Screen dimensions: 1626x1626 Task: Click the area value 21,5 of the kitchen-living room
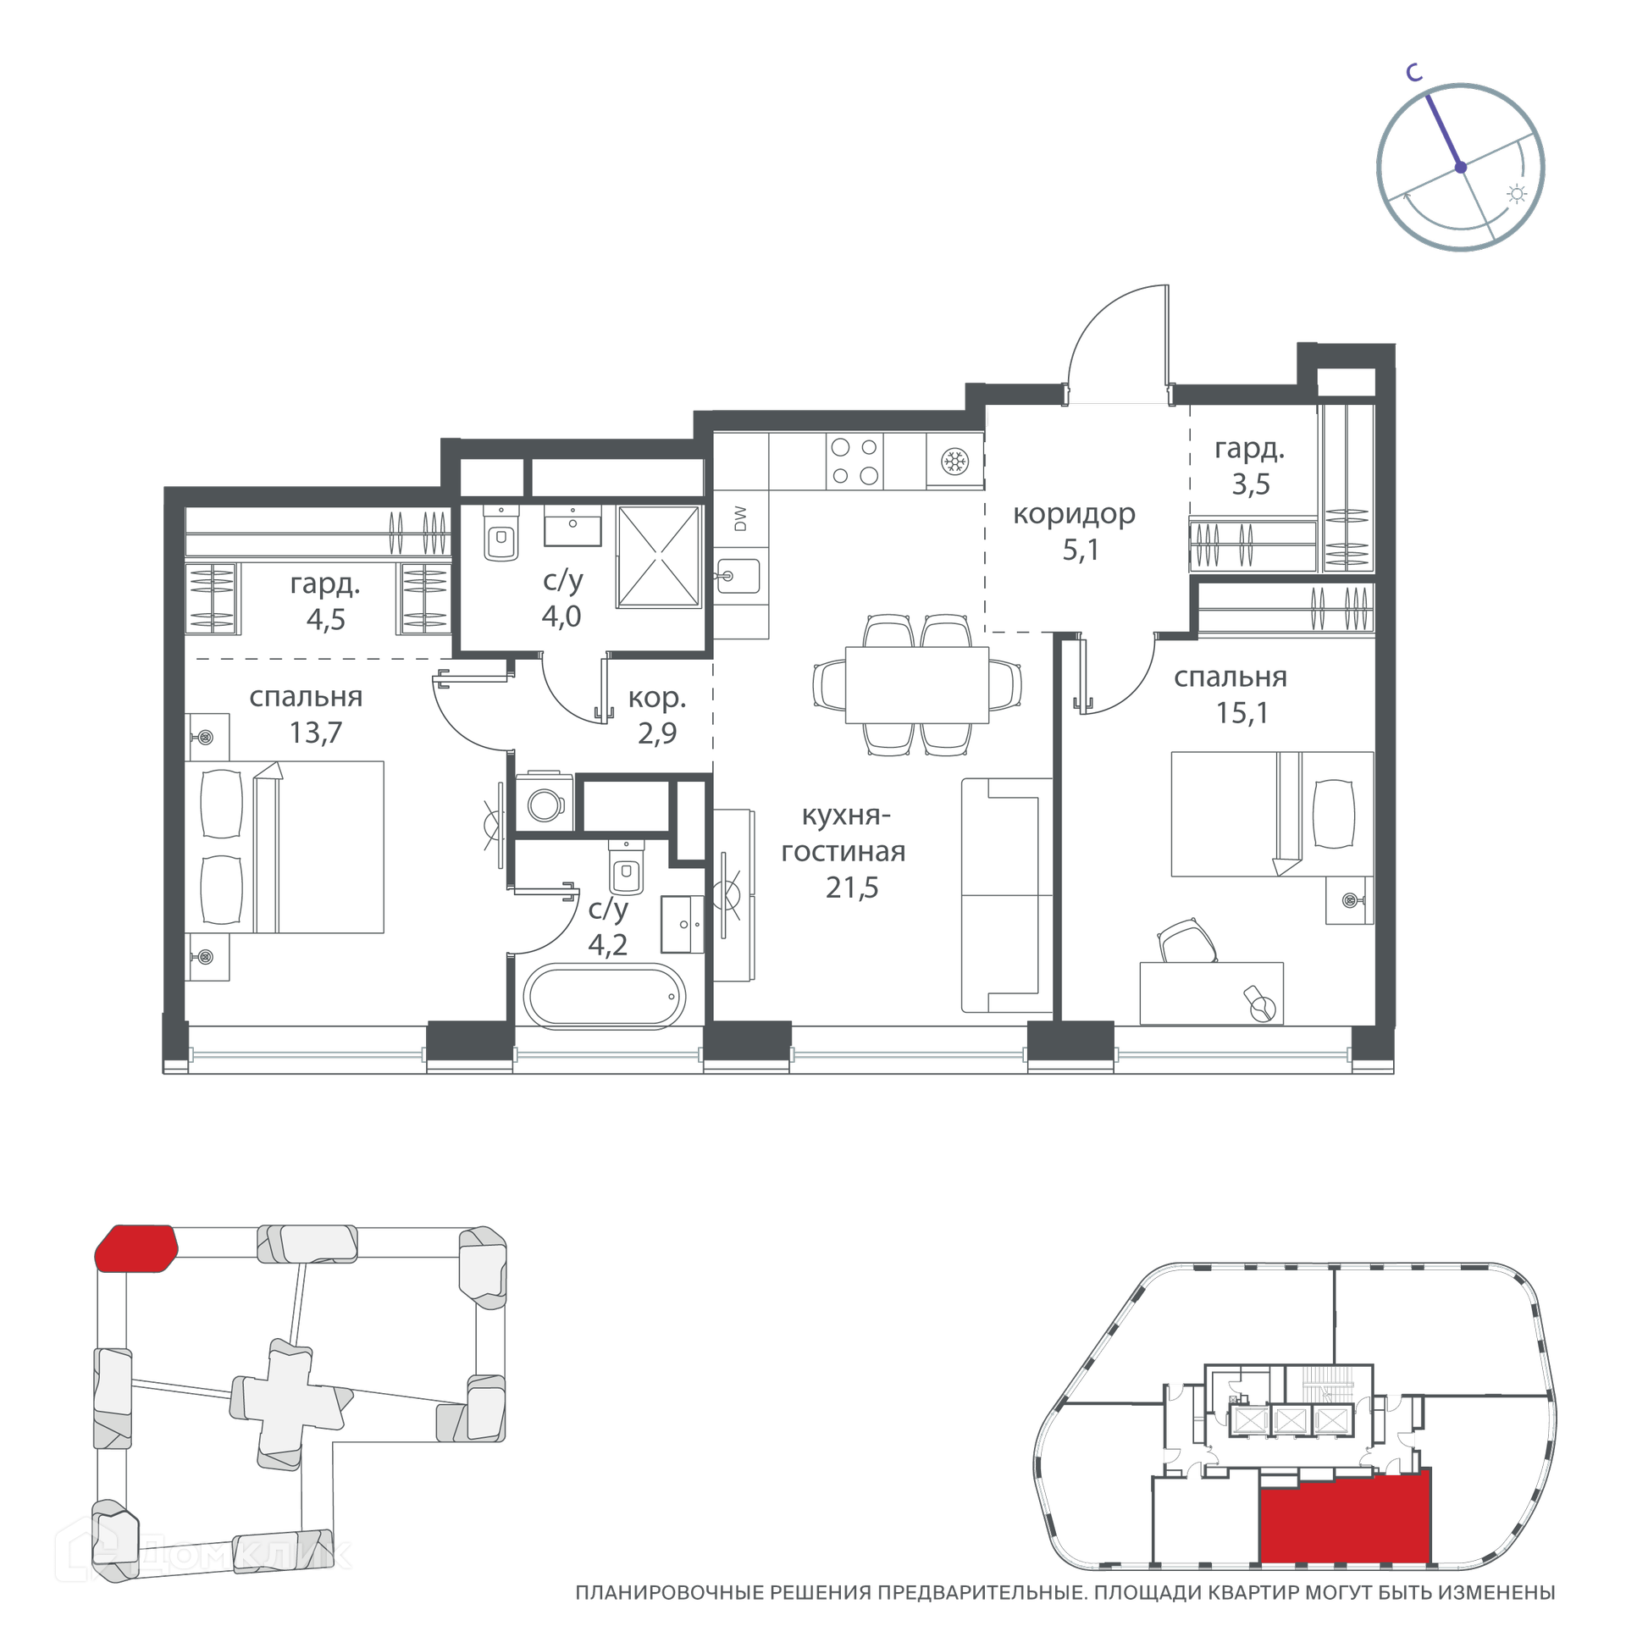point(852,888)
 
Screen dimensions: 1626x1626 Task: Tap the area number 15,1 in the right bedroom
point(1242,713)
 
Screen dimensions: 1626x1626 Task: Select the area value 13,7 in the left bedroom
point(316,733)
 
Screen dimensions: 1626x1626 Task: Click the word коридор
point(1074,515)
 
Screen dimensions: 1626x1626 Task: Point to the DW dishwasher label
point(741,518)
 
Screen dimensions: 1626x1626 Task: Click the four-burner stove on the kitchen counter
point(854,461)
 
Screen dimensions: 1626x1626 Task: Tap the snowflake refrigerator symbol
point(955,462)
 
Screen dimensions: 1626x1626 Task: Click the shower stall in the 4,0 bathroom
point(659,556)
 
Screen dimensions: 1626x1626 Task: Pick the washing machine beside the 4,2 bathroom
point(545,801)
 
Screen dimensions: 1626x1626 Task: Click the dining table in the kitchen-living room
point(917,685)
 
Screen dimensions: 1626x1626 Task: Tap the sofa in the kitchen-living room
point(1006,895)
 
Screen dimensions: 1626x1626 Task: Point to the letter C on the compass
point(1413,74)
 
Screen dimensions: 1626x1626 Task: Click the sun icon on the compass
point(1517,195)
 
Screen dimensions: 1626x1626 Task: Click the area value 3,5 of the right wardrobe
point(1251,484)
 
